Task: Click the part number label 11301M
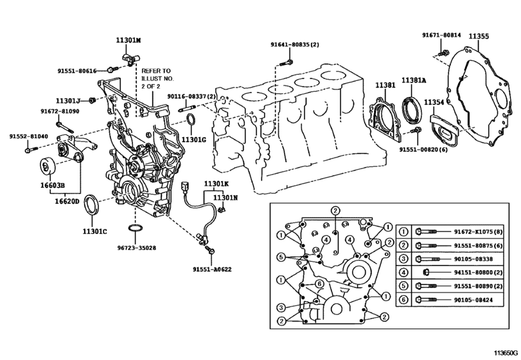[128, 40]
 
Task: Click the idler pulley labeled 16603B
[47, 166]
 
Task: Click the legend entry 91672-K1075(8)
[479, 231]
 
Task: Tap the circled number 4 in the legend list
[403, 273]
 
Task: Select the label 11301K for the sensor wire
[216, 184]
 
